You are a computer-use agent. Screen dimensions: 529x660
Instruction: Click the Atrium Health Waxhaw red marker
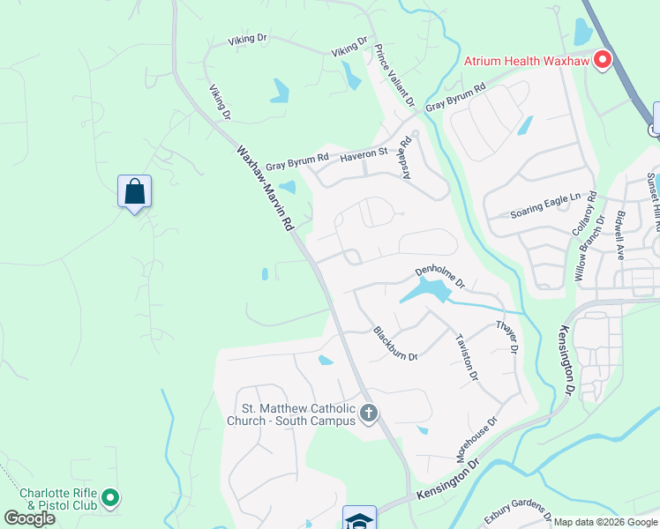pos(604,60)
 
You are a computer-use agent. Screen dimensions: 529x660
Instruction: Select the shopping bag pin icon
pos(134,191)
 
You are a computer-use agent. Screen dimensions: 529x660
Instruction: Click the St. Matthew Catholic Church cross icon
pos(369,413)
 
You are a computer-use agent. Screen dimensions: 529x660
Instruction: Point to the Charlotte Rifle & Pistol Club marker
pos(110,499)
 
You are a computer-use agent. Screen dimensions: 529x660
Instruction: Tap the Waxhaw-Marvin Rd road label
pos(264,188)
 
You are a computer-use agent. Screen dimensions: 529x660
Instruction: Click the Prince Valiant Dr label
pos(394,76)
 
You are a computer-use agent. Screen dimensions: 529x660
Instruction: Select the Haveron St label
pos(364,153)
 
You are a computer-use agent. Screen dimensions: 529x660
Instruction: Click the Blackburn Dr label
pos(395,344)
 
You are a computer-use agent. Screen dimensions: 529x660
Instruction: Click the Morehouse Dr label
pos(476,440)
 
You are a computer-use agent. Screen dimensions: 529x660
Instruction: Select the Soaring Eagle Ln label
pos(546,213)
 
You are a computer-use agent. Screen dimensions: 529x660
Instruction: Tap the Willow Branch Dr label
pos(590,248)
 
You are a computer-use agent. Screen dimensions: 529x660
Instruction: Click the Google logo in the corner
pos(29,518)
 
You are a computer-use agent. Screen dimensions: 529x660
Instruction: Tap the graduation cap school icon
pos(360,518)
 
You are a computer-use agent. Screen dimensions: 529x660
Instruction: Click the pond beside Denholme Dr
pos(424,289)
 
